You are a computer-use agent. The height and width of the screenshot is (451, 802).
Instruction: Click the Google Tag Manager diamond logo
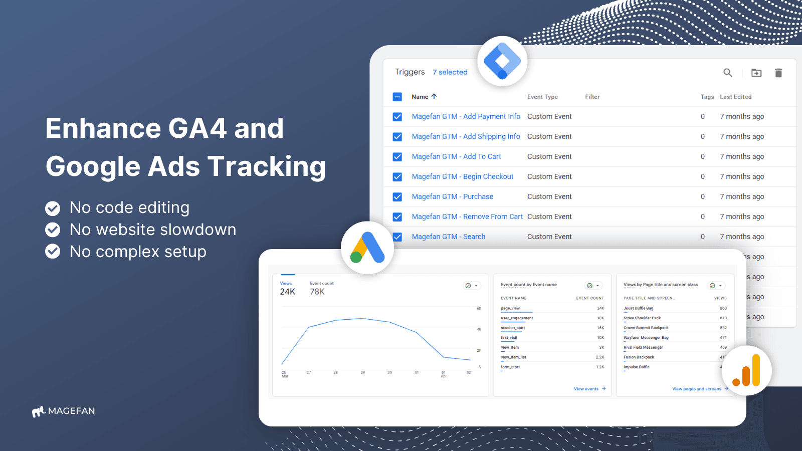[x=502, y=61]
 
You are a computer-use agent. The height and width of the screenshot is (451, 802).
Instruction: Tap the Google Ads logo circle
[x=367, y=248]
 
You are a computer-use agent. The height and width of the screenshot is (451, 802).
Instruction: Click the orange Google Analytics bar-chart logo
[x=747, y=371]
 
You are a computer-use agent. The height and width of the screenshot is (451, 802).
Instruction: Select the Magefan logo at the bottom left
[x=64, y=411]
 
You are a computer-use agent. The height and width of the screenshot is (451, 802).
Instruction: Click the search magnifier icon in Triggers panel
[x=728, y=73]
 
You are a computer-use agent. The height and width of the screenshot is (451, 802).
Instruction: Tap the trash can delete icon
[x=778, y=73]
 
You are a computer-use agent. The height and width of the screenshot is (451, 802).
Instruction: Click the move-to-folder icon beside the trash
[x=756, y=73]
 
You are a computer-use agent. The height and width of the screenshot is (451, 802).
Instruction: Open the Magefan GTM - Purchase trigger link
[x=452, y=196]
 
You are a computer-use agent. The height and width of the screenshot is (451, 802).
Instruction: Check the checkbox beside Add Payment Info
[x=397, y=117]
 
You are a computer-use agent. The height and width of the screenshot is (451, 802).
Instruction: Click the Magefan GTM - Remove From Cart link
[x=467, y=216]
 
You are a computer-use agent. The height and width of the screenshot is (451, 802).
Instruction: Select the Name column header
[x=420, y=97]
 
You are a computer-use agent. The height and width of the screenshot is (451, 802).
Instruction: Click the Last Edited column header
[x=735, y=97]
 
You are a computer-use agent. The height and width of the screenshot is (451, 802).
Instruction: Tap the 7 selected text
[x=450, y=72]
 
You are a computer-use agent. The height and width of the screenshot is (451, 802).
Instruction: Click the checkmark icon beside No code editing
[x=53, y=208]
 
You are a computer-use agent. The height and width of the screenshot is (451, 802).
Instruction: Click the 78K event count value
[x=317, y=292]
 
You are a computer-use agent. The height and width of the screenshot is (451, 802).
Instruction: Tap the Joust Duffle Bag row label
[x=638, y=308]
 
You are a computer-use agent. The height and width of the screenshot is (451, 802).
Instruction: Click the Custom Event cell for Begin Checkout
[x=549, y=176]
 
